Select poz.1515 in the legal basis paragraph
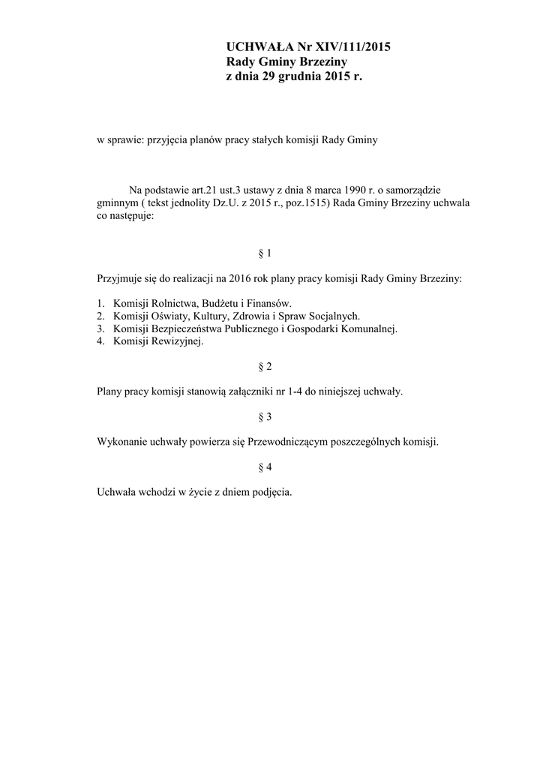click(x=300, y=202)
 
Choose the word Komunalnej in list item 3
click(x=370, y=328)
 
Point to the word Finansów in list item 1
click(x=269, y=303)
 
